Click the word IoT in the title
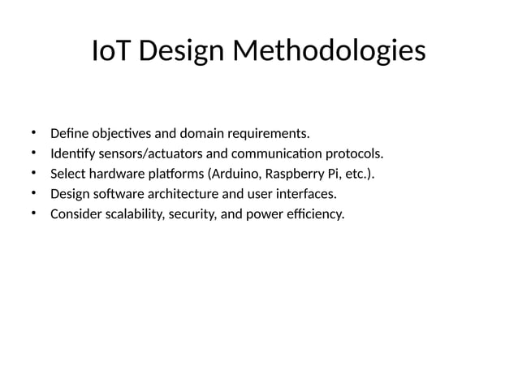pyautogui.click(x=110, y=51)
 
